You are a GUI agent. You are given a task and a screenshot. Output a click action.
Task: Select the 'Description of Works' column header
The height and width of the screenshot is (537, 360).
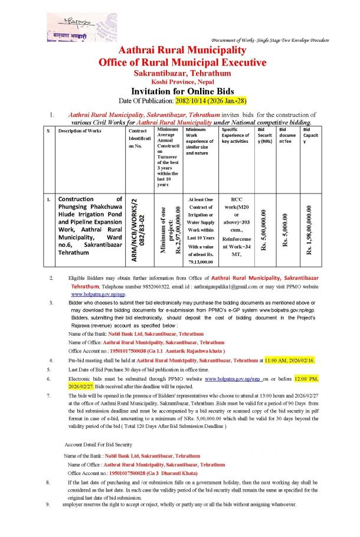point(79,130)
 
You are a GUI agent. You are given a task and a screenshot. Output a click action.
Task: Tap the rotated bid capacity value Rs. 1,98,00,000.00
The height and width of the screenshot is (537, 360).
point(308,230)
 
